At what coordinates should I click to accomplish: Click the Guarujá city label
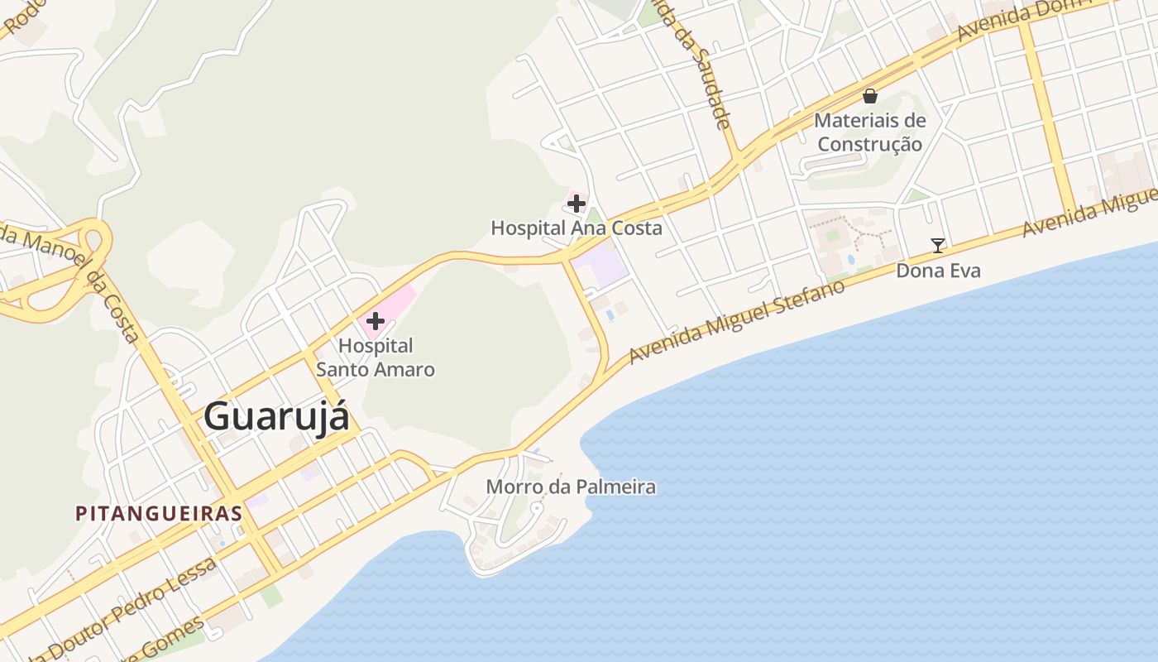coord(276,416)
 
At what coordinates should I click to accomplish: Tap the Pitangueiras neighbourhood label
coord(159,514)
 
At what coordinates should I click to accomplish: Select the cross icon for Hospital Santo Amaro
coord(376,320)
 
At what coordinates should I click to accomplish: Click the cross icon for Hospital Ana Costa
coord(577,203)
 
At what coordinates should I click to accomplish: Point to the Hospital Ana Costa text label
coord(577,228)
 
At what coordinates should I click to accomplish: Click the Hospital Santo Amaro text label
coord(376,357)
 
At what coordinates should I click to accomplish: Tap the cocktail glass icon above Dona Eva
coord(937,245)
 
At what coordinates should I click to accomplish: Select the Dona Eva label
coord(938,271)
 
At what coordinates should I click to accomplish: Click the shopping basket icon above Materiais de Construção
coord(869,96)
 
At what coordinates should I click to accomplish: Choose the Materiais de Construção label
coord(869,132)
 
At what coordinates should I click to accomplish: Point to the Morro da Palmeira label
coord(571,487)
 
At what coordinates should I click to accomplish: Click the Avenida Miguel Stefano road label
coord(737,321)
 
